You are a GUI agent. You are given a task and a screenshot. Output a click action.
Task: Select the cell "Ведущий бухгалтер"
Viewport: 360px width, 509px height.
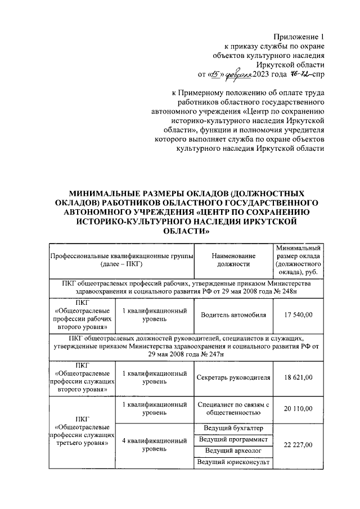[x=233, y=427]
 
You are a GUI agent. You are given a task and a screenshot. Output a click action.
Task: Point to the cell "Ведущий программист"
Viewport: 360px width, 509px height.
[x=233, y=439]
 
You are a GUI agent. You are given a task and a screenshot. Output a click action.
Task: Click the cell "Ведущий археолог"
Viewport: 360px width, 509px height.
[x=233, y=451]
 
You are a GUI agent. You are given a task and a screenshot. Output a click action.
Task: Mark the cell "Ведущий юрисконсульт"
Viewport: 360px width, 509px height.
[x=233, y=462]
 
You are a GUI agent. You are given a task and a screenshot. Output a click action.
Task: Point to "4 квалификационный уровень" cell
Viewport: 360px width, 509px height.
[x=154, y=445]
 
